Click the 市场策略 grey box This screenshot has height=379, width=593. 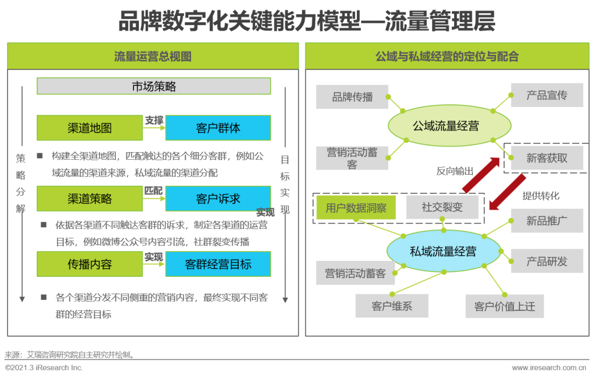154,86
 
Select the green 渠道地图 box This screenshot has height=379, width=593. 89,128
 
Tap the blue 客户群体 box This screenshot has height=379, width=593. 218,128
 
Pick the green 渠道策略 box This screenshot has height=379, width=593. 89,199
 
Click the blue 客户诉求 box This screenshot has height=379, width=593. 218,199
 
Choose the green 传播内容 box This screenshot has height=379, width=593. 89,264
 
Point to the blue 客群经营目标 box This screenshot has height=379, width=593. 218,264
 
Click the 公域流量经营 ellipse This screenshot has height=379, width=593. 446,126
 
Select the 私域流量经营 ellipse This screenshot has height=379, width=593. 443,252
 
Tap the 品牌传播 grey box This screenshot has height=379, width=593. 352,97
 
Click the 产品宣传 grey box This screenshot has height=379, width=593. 546,95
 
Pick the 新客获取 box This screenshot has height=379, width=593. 546,158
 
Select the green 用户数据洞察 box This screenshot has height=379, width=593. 356,208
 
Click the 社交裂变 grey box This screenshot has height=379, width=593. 442,208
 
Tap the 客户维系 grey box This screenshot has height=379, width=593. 391,306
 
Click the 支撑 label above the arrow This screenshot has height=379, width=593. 154,120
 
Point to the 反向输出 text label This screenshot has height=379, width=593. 455,171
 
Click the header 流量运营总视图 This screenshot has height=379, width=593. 153,57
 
